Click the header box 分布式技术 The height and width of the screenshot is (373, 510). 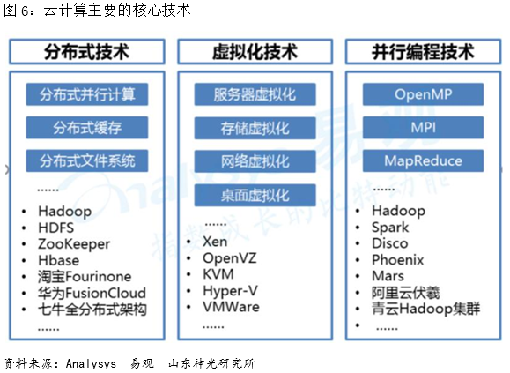[x=87, y=52]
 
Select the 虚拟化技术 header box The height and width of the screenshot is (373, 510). [x=255, y=52]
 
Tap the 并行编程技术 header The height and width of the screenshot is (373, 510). [x=423, y=52]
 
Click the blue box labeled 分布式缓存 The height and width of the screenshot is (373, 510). [x=87, y=128]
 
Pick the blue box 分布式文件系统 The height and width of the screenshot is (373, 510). [x=87, y=160]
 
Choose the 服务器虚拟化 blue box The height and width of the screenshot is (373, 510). [x=255, y=94]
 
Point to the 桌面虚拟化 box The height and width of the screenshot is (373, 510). [x=255, y=195]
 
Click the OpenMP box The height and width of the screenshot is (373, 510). [x=423, y=94]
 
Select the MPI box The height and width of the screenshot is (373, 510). [x=423, y=128]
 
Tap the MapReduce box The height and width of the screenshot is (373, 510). [x=423, y=160]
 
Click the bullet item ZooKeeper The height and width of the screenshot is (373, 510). [x=74, y=244]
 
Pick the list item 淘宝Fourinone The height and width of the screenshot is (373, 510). [x=85, y=277]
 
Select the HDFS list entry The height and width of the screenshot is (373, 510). [x=56, y=228]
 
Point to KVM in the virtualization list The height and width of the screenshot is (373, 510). [x=218, y=274]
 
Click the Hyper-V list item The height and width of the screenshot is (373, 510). [x=230, y=291]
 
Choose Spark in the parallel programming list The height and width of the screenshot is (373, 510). [x=390, y=228]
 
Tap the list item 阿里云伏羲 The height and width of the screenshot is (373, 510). [x=405, y=292]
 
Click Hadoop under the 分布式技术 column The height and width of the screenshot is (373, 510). [x=64, y=212]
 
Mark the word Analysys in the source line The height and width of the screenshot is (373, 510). [x=91, y=363]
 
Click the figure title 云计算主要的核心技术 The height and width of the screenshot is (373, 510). [x=117, y=10]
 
